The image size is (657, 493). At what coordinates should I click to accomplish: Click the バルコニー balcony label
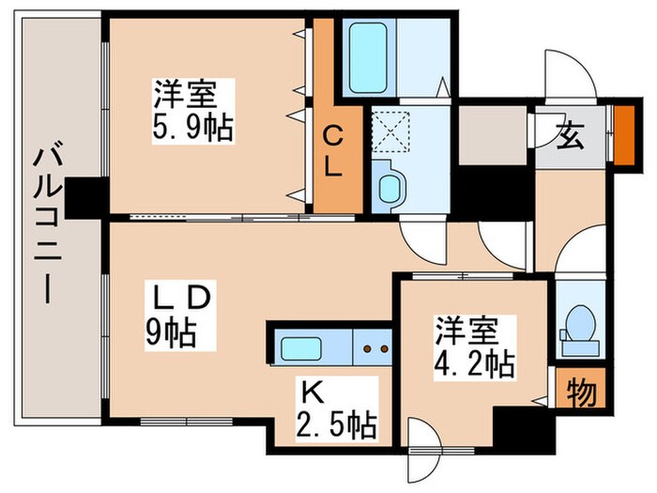click(43, 224)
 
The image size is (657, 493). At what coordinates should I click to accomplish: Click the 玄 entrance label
click(571, 138)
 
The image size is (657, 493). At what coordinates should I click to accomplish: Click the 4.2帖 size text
click(474, 364)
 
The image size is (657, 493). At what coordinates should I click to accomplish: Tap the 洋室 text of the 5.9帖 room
click(186, 95)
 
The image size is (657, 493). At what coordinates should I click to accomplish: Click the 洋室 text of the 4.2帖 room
click(466, 331)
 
